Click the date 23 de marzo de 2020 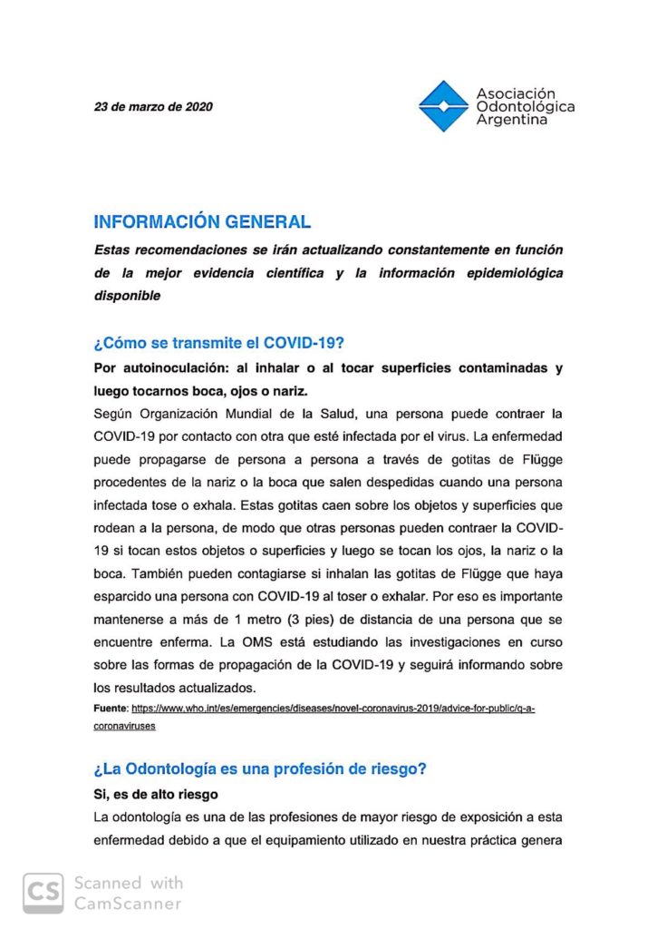coord(153,106)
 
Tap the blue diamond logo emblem coord(443,106)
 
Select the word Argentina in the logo coord(512,120)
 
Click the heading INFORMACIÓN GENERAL coord(202,221)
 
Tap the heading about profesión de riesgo coord(259,768)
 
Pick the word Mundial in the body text coord(276,414)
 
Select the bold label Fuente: coord(111,708)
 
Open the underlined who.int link coord(333,708)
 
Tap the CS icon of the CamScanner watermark coord(43,893)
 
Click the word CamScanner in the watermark coord(128,903)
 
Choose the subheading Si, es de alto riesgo coord(154,794)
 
